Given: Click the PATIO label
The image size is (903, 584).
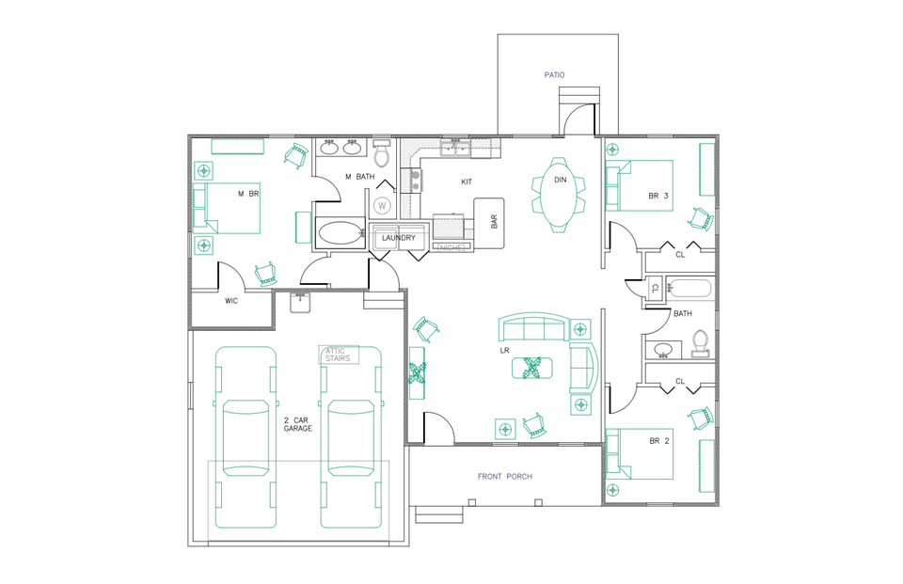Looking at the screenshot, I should click(554, 74).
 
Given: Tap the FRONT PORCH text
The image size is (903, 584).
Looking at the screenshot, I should click(504, 477).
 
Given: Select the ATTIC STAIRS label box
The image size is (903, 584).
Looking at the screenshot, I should click(338, 355).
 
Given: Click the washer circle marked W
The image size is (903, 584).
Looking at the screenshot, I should click(383, 205).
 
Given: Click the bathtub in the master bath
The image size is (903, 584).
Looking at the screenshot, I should click(340, 233).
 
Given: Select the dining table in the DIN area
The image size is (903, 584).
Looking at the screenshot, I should click(560, 194).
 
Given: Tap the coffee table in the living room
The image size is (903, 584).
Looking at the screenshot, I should click(531, 368).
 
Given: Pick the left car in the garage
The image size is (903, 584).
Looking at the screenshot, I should click(246, 437).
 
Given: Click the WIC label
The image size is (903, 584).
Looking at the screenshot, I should click(231, 302).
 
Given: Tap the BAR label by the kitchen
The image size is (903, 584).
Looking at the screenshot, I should click(494, 222).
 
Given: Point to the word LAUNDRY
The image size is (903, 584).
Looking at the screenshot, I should click(398, 238).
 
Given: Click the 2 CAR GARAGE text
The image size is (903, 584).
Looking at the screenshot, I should click(298, 424).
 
